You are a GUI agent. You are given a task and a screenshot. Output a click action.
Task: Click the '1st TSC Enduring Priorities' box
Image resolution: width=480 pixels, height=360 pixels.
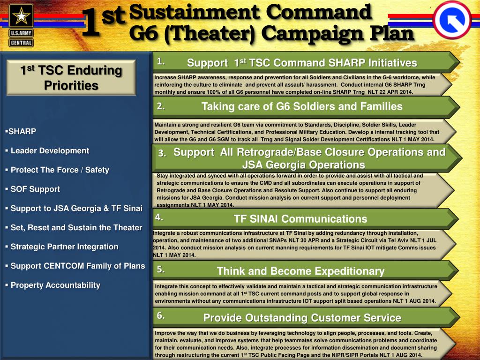coord(71,78)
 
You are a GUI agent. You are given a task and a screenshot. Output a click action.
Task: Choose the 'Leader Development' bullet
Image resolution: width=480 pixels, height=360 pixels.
coord(49,151)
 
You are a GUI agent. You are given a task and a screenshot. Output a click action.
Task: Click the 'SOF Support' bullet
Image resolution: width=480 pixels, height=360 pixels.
coord(35,189)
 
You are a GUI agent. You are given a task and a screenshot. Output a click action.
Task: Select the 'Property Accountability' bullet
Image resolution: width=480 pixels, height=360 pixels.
coord(55,285)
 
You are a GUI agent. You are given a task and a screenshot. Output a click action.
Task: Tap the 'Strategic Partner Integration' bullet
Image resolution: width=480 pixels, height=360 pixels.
coord(64,247)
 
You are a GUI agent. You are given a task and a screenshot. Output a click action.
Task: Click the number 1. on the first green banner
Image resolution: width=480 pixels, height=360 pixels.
coord(161,61)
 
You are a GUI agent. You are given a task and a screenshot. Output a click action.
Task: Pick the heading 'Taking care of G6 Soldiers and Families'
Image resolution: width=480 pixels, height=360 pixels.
coord(302,106)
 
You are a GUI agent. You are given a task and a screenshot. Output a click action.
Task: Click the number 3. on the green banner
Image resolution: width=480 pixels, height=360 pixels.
coord(162,153)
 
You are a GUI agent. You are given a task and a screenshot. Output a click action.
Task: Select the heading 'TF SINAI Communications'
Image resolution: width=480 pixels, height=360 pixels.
coord(300,219)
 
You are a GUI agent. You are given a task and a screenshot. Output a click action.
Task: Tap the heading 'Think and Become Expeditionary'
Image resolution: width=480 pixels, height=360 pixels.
coord(300,271)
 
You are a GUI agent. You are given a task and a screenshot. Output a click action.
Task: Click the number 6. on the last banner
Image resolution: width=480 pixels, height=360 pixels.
coord(161,315)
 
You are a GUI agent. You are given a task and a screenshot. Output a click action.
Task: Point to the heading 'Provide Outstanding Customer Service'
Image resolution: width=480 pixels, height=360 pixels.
coord(302,318)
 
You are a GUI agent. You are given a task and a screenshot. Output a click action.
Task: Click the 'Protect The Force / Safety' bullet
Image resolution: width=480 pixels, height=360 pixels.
coord(60,170)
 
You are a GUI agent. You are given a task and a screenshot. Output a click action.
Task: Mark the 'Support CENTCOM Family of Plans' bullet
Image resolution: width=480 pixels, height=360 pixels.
coord(77,266)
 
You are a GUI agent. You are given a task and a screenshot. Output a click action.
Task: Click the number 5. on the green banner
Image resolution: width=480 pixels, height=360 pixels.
coord(161,269)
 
